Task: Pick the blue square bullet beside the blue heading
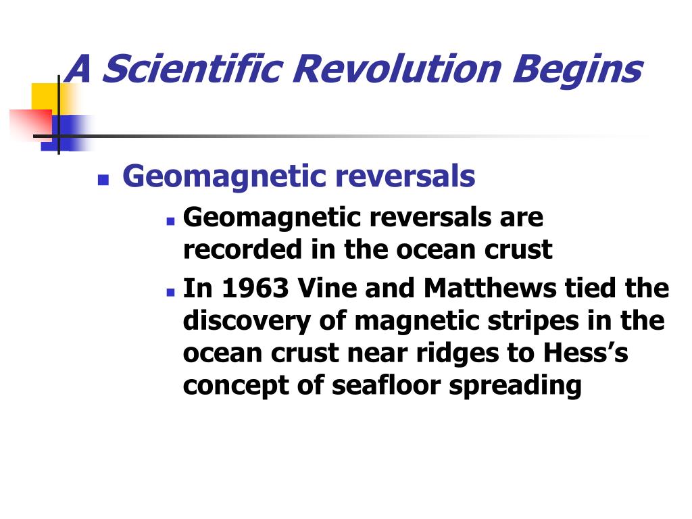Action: [x=103, y=180]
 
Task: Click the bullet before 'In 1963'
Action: [x=171, y=292]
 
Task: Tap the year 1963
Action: [x=255, y=288]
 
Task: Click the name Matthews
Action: [x=490, y=288]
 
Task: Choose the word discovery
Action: [x=247, y=322]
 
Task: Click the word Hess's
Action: [x=585, y=353]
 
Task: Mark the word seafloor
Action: [x=386, y=385]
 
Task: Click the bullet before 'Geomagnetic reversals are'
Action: [x=171, y=221]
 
